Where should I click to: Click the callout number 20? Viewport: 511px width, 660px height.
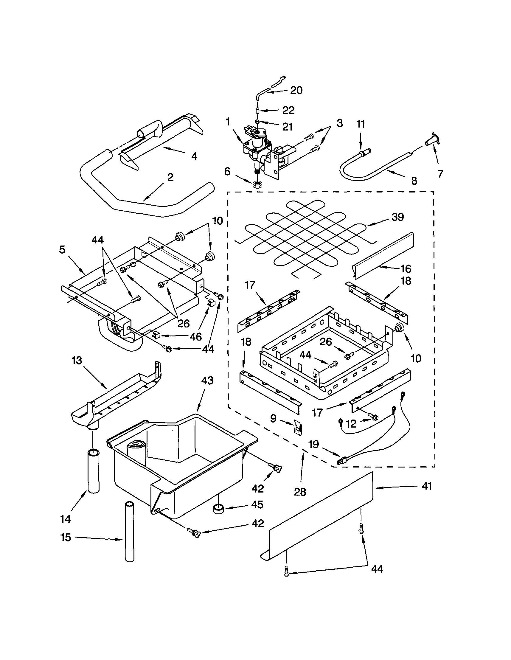[296, 90]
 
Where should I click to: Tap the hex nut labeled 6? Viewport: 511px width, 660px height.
[257, 184]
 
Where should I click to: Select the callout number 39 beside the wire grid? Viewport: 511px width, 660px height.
[397, 217]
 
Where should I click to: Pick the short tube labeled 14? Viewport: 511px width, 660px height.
[93, 471]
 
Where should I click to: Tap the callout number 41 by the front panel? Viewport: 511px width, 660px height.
[427, 487]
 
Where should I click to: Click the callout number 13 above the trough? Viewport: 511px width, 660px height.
[77, 361]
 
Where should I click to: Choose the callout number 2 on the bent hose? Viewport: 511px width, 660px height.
[170, 177]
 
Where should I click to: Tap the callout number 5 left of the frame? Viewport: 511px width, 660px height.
[62, 250]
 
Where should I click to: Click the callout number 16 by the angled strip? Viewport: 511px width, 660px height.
[406, 268]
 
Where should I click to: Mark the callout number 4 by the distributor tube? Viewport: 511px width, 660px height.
[194, 156]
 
